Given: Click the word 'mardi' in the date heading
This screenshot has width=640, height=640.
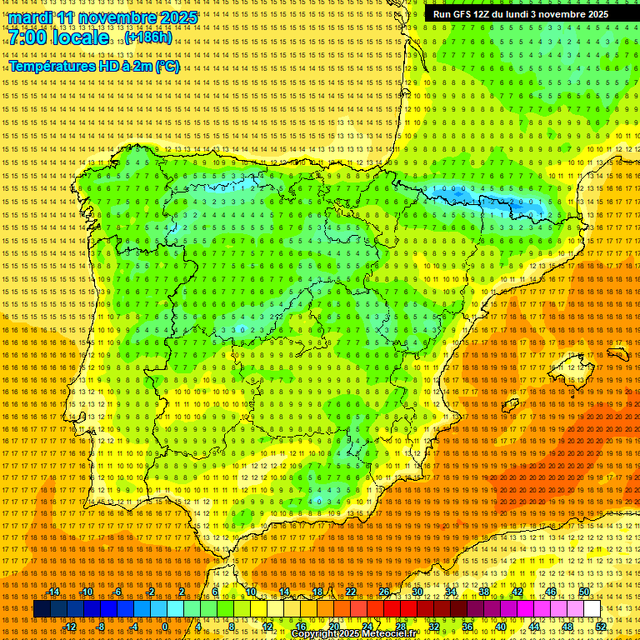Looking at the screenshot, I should click(29, 17).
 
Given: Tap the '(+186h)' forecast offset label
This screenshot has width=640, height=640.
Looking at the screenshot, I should click(149, 37).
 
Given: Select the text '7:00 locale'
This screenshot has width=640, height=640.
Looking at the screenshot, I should click(58, 37).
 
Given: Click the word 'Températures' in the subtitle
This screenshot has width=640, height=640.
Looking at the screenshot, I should click(50, 66).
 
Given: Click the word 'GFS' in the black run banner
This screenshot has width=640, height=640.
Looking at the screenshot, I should click(462, 14).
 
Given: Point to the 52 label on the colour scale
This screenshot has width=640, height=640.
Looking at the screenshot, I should click(601, 627).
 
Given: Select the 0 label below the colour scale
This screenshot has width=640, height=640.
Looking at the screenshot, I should click(165, 627).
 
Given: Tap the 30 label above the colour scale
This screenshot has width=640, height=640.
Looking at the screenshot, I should click(417, 592).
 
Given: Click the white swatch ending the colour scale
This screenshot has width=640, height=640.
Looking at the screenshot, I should click(592, 609).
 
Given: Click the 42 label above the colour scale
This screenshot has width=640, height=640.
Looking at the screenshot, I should click(517, 592).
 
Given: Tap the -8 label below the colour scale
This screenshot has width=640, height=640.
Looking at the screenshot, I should click(102, 627).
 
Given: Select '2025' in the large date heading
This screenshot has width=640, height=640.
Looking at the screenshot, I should click(177, 17).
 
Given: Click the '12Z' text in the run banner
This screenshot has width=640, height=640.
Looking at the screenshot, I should click(482, 14).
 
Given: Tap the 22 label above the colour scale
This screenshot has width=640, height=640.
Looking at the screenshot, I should click(351, 592).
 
